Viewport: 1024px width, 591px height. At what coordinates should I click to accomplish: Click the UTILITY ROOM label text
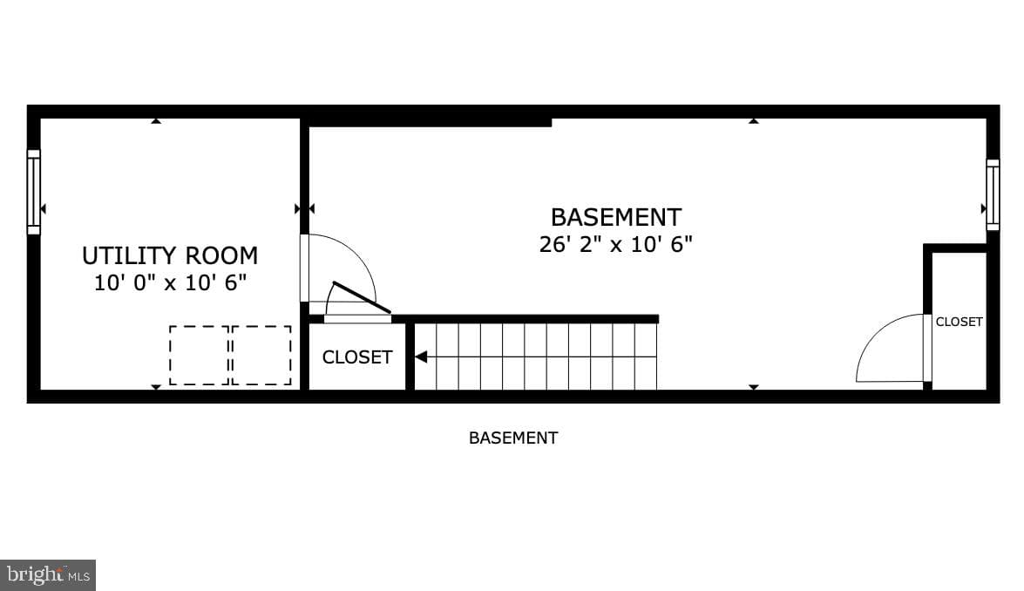coord(170,255)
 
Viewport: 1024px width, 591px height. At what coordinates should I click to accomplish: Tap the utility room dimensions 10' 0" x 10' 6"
coord(171,282)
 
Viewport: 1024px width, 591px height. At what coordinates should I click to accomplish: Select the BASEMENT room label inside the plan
coord(616,217)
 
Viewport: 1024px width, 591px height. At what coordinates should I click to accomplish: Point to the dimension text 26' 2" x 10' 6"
coord(615,243)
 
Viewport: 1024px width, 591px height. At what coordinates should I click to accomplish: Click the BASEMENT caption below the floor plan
coord(513,438)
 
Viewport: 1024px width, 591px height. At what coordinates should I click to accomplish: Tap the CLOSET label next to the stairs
coord(357,357)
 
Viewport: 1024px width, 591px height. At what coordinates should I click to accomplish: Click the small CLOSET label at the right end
coord(959,322)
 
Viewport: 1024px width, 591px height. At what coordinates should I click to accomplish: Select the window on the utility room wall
coord(33,192)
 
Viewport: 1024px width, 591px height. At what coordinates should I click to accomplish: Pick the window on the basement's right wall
coord(993,194)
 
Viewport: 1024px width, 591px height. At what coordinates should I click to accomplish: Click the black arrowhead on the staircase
coord(421,357)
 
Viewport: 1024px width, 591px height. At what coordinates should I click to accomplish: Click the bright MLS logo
coord(48,575)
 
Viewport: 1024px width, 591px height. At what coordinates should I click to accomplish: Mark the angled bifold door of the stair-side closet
coord(362,298)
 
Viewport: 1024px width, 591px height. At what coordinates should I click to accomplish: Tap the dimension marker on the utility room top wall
coord(155,121)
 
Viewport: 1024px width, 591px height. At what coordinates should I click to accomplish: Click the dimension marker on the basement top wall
coord(754,121)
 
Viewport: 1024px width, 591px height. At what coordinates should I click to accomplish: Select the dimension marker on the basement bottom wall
coord(754,387)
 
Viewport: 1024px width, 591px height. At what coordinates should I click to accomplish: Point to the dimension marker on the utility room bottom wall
coord(155,387)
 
